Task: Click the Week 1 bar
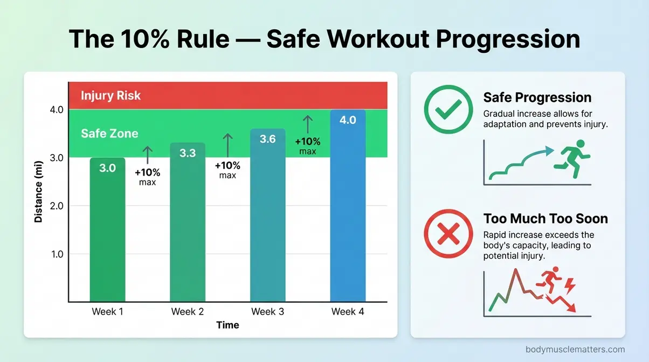tap(108, 232)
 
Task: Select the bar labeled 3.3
tap(187, 226)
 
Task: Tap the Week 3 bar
tap(267, 221)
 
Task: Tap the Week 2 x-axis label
tap(187, 311)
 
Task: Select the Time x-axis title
tap(227, 325)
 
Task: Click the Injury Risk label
tap(111, 96)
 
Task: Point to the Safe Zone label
tap(109, 133)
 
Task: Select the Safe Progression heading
tap(537, 98)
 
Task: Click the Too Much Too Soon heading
tap(546, 219)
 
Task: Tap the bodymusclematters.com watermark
tap(575, 350)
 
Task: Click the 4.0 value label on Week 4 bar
tap(348, 120)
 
